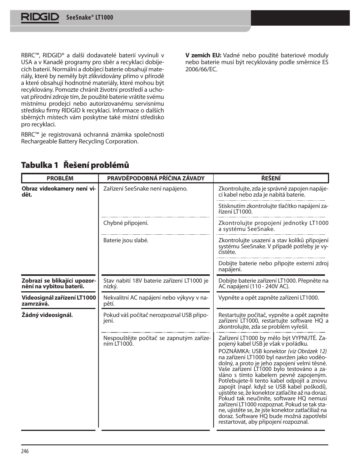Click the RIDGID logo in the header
tap(40, 17)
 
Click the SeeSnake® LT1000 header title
tap(89, 17)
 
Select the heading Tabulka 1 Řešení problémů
tap(75, 165)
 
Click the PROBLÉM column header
tap(60, 178)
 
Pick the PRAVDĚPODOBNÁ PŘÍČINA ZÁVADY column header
tap(156, 178)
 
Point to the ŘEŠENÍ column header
tap(271, 178)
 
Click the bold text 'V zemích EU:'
tap(203, 55)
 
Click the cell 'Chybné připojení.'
tap(126, 223)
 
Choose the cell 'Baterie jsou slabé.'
tap(126, 240)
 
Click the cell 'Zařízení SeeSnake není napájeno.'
tap(145, 189)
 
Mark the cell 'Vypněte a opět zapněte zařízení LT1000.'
tap(268, 298)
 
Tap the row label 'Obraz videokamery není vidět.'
tap(59, 192)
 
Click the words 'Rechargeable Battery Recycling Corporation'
tap(80, 141)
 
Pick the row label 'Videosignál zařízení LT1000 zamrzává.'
tap(59, 300)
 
